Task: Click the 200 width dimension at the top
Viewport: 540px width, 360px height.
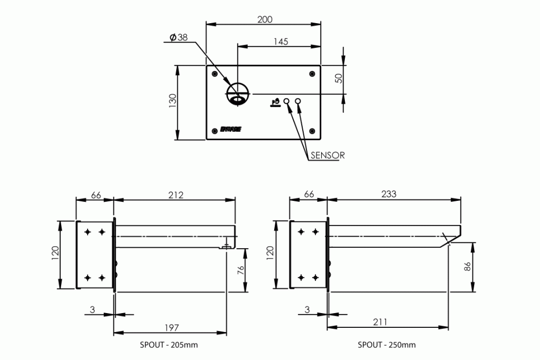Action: click(x=265, y=20)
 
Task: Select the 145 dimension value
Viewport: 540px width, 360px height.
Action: click(x=281, y=42)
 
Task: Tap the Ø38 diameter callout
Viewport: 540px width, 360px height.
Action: click(x=178, y=38)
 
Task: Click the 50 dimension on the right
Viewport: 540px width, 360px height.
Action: click(x=339, y=78)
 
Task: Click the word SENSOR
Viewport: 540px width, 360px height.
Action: click(x=327, y=155)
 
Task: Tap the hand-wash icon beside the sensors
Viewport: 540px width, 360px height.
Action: click(x=275, y=102)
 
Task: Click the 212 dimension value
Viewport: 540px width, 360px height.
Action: click(x=175, y=195)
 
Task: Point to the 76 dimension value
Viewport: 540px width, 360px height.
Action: click(x=240, y=270)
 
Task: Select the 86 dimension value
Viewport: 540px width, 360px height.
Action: click(x=466, y=267)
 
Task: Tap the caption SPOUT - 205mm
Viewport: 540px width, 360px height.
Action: click(x=169, y=345)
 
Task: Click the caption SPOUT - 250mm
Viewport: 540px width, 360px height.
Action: click(x=387, y=345)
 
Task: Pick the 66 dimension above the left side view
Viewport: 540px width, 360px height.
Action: click(x=96, y=195)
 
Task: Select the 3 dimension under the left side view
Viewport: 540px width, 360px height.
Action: click(x=92, y=310)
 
